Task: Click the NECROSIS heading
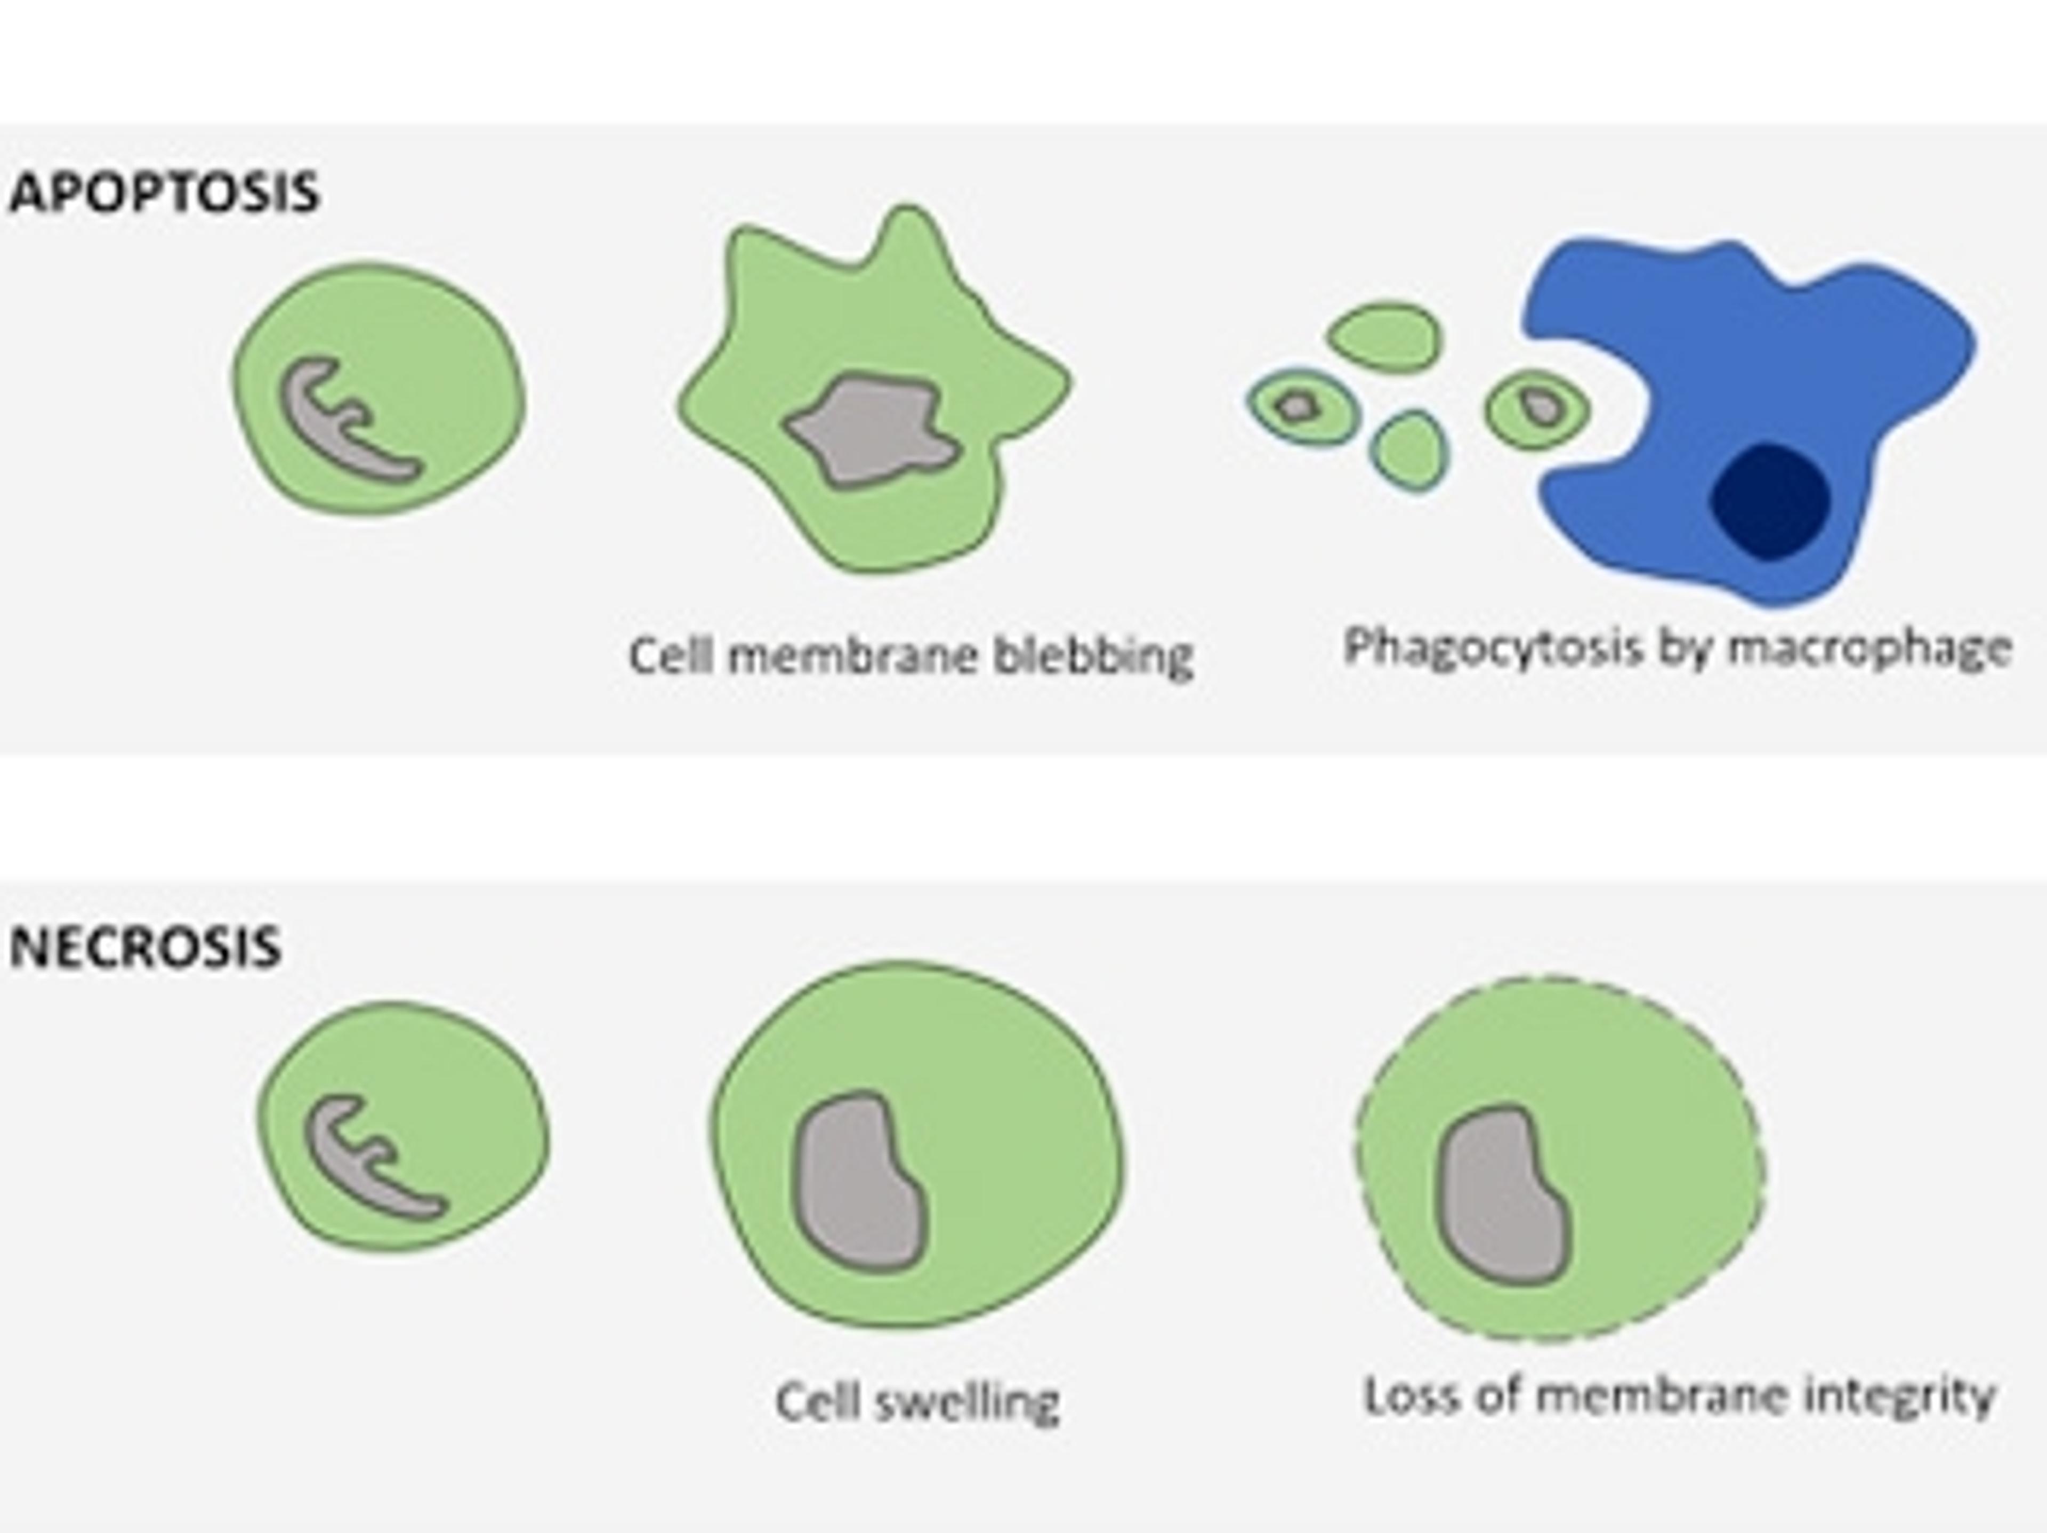(x=146, y=947)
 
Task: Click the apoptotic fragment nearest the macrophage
(x=1537, y=407)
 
